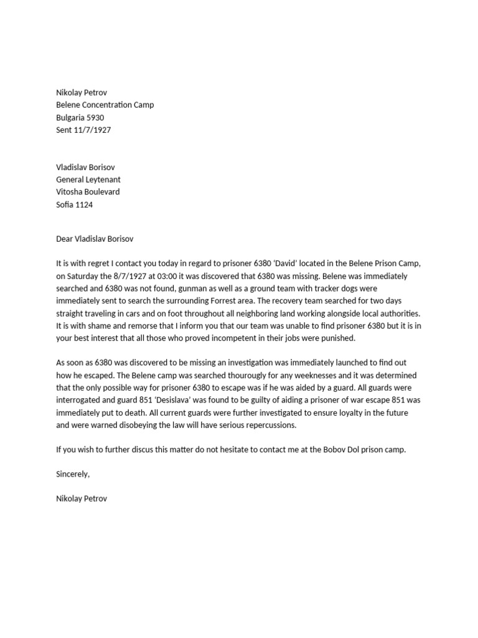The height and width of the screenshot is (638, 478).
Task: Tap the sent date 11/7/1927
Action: click(x=93, y=130)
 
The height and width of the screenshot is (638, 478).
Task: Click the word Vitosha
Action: click(x=70, y=192)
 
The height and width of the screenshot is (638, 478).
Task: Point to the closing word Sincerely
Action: click(x=73, y=474)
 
